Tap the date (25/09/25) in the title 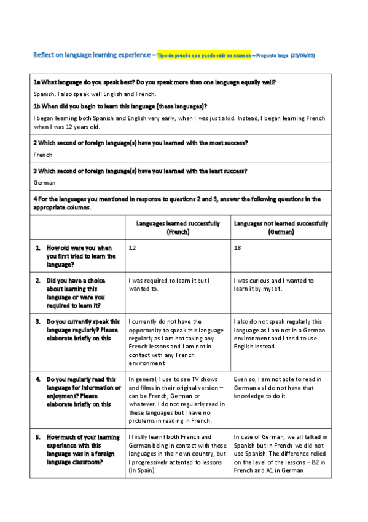(303, 55)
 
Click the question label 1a (37, 82)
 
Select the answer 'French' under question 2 (43, 155)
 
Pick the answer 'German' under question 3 (45, 183)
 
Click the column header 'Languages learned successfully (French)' (178, 228)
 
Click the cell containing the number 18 (239, 247)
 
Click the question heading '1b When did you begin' (120, 106)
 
